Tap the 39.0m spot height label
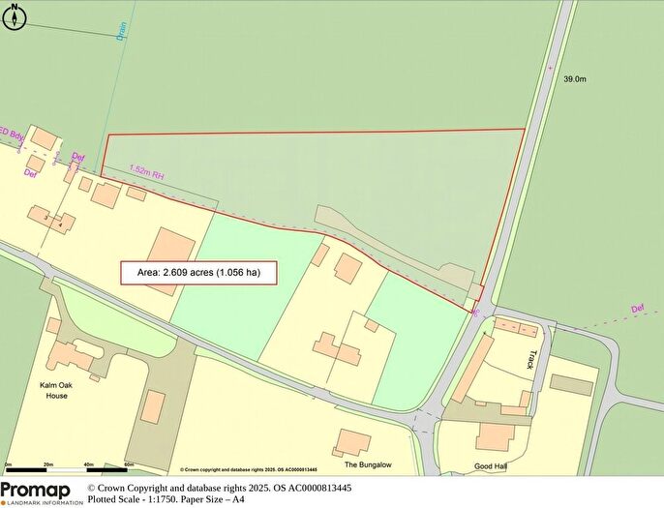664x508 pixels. [x=576, y=81]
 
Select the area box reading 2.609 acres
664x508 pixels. [x=198, y=273]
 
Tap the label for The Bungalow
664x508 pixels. [x=367, y=464]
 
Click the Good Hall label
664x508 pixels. [x=491, y=466]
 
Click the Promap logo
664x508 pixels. [x=41, y=492]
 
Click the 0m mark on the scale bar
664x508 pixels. [x=7, y=465]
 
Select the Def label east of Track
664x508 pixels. [x=636, y=310]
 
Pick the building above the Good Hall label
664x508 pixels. [x=496, y=435]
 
